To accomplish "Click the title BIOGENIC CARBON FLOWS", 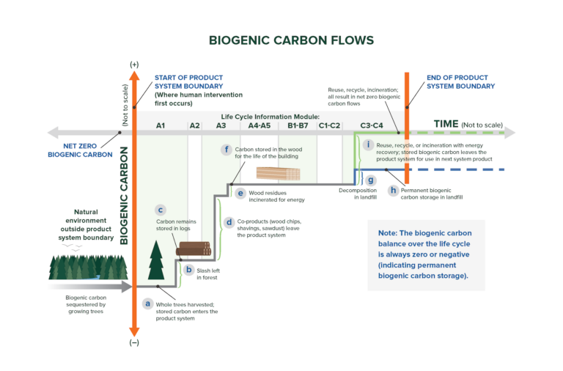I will click(x=281, y=40).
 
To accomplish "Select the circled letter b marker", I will click(x=188, y=271).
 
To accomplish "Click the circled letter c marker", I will click(x=161, y=210).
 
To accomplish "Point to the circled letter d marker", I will click(x=229, y=221).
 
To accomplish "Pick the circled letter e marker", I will click(x=240, y=193).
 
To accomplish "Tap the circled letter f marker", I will click(x=227, y=150).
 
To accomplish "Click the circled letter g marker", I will click(x=371, y=180).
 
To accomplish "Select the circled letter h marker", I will click(x=394, y=190).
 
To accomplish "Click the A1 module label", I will click(x=160, y=126).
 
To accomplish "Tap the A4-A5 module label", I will click(x=260, y=126).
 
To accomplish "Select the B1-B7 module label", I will click(x=298, y=126).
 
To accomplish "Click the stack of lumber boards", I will click(x=278, y=173).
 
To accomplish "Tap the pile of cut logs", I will click(x=193, y=250).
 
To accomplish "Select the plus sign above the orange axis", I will click(x=134, y=65).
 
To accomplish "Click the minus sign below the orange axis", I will click(x=134, y=342).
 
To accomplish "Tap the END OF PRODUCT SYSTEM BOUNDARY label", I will click(x=460, y=81).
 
